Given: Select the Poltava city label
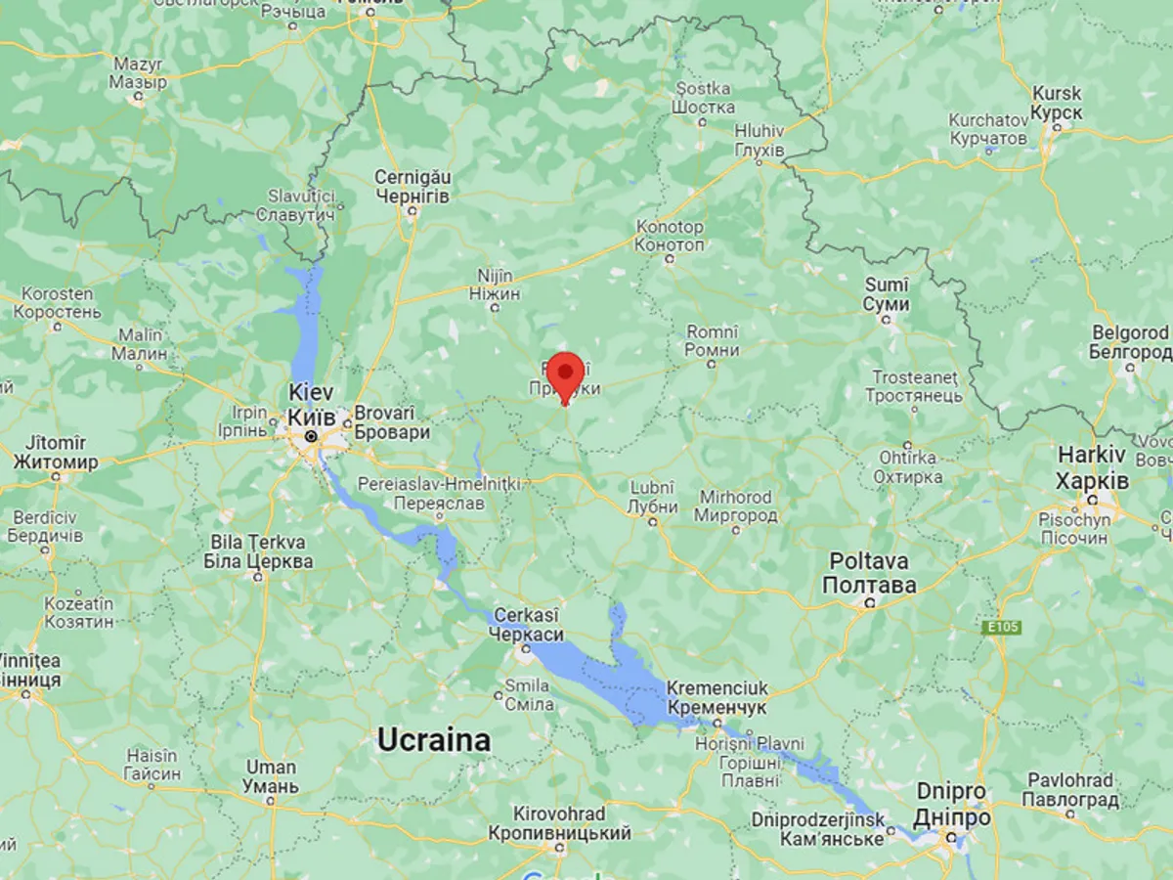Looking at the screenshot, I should [869, 573].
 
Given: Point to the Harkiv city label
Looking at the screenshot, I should [1093, 468].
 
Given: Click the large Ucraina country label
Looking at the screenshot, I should [434, 740].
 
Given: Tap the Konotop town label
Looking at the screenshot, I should [670, 236].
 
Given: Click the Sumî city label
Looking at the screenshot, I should [887, 294].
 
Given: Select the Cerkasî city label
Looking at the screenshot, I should [528, 625].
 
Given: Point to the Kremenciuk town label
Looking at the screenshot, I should [717, 697].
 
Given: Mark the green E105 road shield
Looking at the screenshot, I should [1002, 627].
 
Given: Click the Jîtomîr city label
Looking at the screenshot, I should [56, 453].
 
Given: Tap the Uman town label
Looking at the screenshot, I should [271, 777].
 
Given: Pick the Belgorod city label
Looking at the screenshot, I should [1130, 343].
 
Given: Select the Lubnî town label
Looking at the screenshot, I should [653, 497].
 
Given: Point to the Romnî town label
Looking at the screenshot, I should [713, 341].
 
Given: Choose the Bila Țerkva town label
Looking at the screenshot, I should [258, 551].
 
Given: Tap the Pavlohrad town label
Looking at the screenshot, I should [1069, 790].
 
